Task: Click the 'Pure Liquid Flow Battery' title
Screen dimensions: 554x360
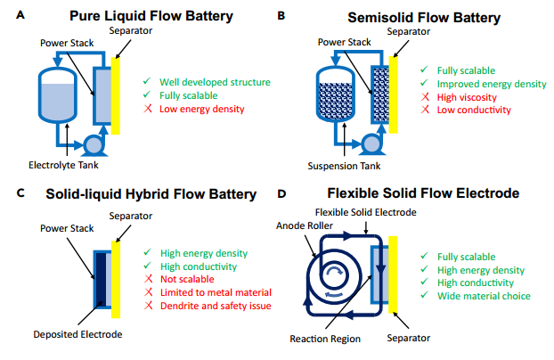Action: (x=151, y=16)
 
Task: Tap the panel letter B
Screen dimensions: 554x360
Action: (x=281, y=15)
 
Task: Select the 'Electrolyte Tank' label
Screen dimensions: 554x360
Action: (x=63, y=165)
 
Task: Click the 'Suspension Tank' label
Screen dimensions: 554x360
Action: (x=344, y=166)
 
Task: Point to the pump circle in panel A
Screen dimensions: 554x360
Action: (x=94, y=144)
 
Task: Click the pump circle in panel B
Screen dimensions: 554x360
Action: (x=371, y=144)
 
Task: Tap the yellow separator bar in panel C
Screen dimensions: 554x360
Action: (x=116, y=280)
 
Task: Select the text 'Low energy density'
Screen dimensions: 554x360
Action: (x=202, y=109)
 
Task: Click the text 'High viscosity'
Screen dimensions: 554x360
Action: (x=467, y=97)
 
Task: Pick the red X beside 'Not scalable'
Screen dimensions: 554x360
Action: (x=149, y=279)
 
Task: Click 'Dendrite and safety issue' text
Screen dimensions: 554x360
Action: (x=216, y=306)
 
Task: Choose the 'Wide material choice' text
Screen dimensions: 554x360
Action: (x=484, y=296)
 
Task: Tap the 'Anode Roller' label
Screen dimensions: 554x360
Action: (x=305, y=225)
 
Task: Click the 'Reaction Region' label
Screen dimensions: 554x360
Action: (x=325, y=339)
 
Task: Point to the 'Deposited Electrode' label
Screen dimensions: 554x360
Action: (x=77, y=334)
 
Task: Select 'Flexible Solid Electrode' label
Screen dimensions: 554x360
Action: (x=366, y=212)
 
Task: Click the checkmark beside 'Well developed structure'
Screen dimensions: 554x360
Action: (x=147, y=81)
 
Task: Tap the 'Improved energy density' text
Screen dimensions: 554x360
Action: (x=492, y=84)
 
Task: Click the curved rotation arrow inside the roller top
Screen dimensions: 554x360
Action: (x=334, y=270)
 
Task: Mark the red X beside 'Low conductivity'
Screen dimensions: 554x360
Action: (x=425, y=110)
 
